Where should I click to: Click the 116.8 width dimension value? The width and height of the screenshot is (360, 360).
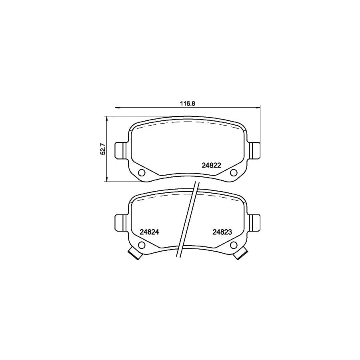[187, 103]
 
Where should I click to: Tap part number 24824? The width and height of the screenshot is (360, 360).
[150, 232]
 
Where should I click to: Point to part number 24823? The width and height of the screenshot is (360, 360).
[223, 232]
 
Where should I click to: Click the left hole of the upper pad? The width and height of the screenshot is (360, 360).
[142, 173]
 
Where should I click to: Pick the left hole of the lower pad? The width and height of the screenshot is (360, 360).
[142, 245]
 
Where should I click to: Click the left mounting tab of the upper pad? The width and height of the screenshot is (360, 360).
[120, 150]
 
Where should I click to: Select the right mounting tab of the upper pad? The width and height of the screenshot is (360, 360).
[255, 150]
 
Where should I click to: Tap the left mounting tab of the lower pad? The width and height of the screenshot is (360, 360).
[120, 222]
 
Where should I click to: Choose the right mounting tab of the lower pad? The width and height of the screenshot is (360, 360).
[255, 222]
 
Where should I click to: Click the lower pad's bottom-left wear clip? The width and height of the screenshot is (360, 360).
[134, 254]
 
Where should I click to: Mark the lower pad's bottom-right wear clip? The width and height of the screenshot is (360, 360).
[242, 254]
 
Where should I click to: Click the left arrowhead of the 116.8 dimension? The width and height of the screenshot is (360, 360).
[117, 107]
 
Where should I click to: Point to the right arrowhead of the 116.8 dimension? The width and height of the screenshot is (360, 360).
[258, 107]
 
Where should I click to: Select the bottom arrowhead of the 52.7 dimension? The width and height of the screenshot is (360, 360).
[107, 180]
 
